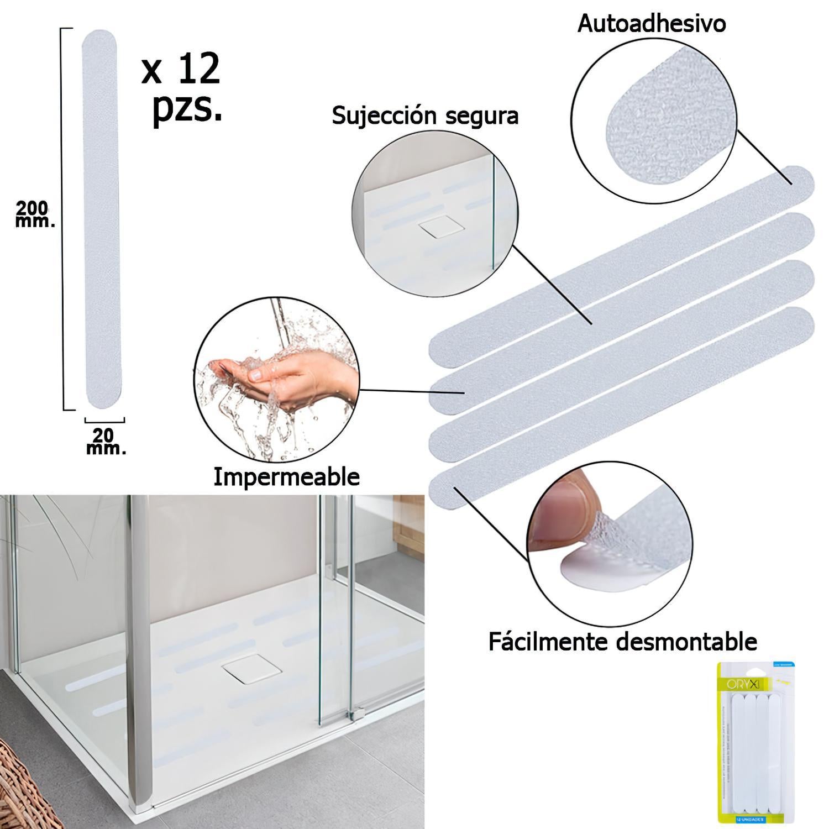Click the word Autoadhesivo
(651, 24)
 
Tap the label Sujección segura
(425, 116)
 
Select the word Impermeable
(286, 476)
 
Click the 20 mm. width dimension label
(105, 440)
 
